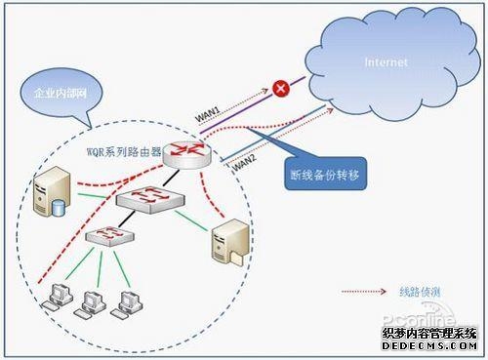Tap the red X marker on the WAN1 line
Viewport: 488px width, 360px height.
pyautogui.click(x=281, y=89)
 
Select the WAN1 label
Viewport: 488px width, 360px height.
pyautogui.click(x=209, y=116)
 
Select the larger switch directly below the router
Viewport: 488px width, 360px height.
pyautogui.click(x=146, y=200)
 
